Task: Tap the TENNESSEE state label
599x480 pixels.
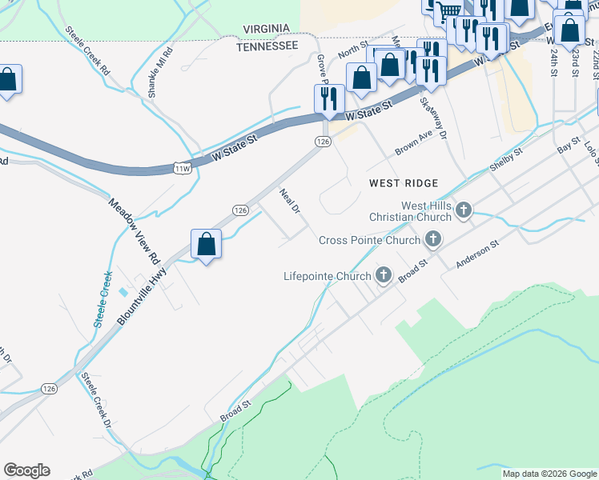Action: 267,46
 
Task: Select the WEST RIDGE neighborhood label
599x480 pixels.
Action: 401,183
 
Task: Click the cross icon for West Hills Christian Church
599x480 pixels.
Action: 464,210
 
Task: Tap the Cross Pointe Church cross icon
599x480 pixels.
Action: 433,239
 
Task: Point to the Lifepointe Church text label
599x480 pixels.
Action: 328,276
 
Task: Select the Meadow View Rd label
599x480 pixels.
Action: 135,232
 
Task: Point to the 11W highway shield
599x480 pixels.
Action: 181,167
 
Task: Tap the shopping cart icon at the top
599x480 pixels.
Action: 448,10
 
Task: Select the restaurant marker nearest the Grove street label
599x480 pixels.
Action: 328,98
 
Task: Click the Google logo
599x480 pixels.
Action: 26,470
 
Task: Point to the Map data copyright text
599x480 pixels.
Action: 549,474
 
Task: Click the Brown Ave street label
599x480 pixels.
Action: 413,144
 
